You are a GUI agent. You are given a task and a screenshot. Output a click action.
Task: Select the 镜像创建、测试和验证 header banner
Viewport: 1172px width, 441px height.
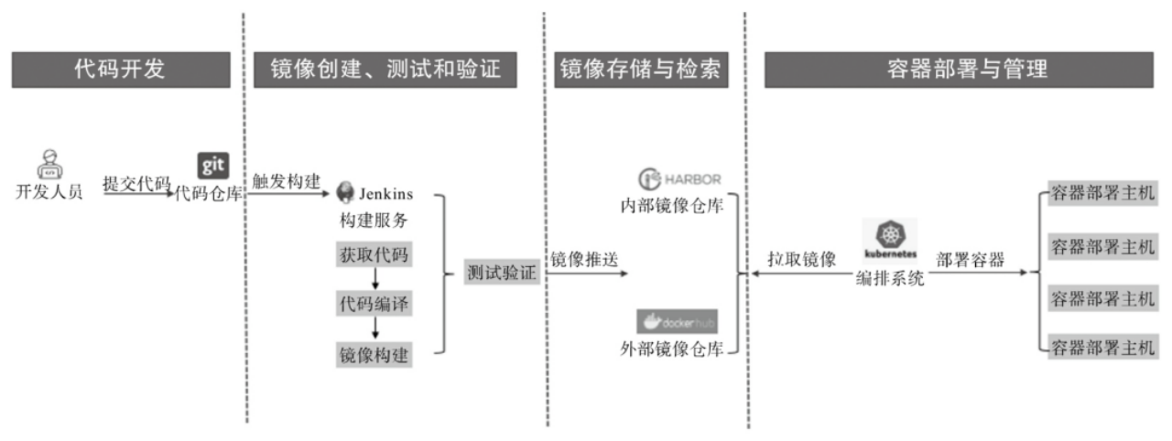coord(385,70)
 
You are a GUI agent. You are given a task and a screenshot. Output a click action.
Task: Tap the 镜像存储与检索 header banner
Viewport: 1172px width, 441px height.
coord(640,70)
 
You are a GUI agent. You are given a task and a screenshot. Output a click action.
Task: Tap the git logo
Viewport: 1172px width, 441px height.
coord(212,165)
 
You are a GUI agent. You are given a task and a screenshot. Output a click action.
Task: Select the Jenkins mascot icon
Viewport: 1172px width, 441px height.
coord(346,193)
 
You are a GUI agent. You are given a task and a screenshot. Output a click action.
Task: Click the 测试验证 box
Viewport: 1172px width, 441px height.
coord(501,272)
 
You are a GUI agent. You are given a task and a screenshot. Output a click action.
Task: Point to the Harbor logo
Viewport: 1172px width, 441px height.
coord(680,177)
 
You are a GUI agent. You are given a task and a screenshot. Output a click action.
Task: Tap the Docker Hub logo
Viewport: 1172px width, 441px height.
coord(678,321)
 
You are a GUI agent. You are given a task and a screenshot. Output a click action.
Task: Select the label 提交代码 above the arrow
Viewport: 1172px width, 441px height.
coord(136,183)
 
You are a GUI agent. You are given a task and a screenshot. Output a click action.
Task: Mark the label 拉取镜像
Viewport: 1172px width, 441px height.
coord(801,260)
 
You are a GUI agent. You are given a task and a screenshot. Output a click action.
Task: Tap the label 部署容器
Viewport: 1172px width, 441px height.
coord(970,260)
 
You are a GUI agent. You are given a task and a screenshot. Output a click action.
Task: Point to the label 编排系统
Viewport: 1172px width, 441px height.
coord(889,280)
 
